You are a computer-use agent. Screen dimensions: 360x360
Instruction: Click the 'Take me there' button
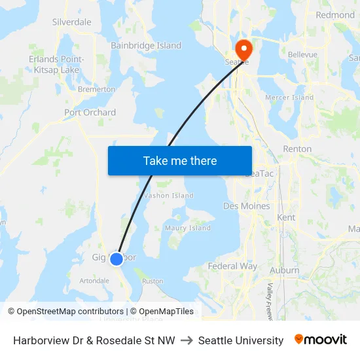180,160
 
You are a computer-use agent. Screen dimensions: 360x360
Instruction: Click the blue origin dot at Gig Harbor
116,259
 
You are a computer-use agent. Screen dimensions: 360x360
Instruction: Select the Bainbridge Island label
146,46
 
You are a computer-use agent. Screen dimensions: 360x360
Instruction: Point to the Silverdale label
71,22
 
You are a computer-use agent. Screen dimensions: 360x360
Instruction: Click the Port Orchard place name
90,113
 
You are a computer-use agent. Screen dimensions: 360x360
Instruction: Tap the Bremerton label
96,89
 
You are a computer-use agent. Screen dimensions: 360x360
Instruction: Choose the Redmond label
334,15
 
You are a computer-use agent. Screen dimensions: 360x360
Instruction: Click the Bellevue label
302,55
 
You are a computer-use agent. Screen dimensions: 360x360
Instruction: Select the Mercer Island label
289,98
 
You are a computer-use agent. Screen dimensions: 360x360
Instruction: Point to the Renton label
297,149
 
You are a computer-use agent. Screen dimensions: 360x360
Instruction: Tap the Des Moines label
246,206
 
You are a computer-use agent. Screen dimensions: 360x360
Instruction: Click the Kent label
286,217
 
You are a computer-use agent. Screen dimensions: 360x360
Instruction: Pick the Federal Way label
232,266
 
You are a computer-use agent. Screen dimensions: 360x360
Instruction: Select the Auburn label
284,270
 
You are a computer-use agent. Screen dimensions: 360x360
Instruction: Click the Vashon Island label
169,196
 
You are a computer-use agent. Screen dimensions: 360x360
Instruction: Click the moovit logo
321,340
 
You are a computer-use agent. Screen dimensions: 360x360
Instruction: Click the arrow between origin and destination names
187,340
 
